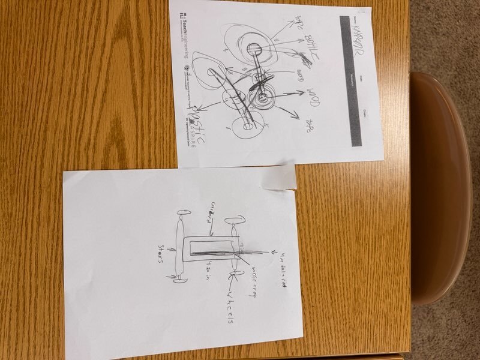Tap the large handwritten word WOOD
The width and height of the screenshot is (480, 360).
(310, 95)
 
